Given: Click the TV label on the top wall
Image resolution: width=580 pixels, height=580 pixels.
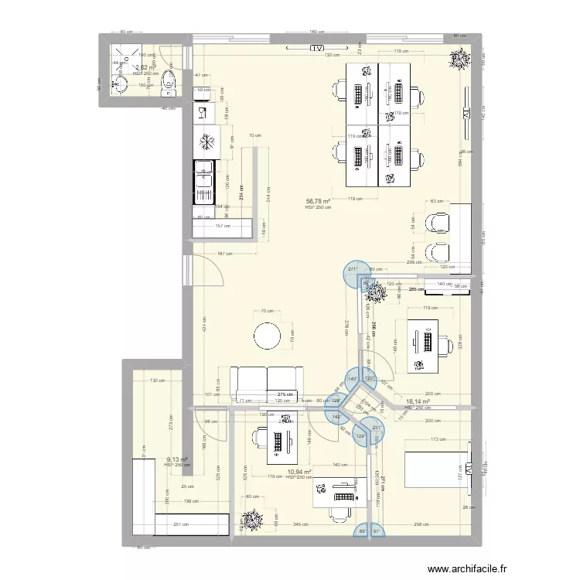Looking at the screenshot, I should (316, 48).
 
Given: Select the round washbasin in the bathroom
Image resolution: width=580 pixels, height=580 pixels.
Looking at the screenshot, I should (121, 82).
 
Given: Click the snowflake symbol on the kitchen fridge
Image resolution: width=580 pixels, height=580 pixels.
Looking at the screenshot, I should (207, 142).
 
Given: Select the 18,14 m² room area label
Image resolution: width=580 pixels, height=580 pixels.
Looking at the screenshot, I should (418, 401).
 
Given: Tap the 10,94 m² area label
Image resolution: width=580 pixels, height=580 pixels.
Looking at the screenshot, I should (299, 471).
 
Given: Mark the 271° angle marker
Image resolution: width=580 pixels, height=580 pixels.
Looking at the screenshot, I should (353, 270).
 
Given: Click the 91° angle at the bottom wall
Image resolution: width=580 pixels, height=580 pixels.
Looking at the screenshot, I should (377, 531).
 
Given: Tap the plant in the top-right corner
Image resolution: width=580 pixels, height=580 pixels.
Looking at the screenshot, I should (461, 59).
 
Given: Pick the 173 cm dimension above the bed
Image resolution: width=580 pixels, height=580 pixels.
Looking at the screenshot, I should (438, 439).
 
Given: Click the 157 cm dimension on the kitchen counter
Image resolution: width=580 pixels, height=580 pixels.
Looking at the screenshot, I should (223, 227).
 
